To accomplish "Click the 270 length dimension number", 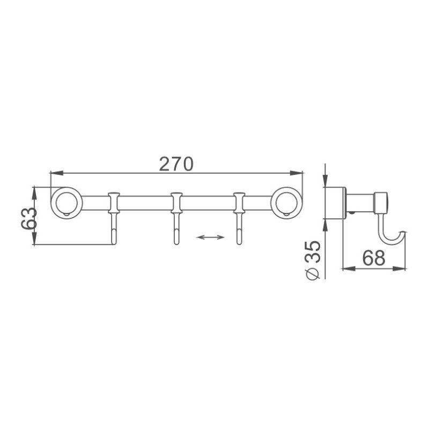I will click(x=176, y=164).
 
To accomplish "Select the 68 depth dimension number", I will click(x=373, y=258).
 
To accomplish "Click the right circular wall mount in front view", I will click(x=285, y=202).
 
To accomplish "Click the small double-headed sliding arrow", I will click(x=210, y=236).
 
